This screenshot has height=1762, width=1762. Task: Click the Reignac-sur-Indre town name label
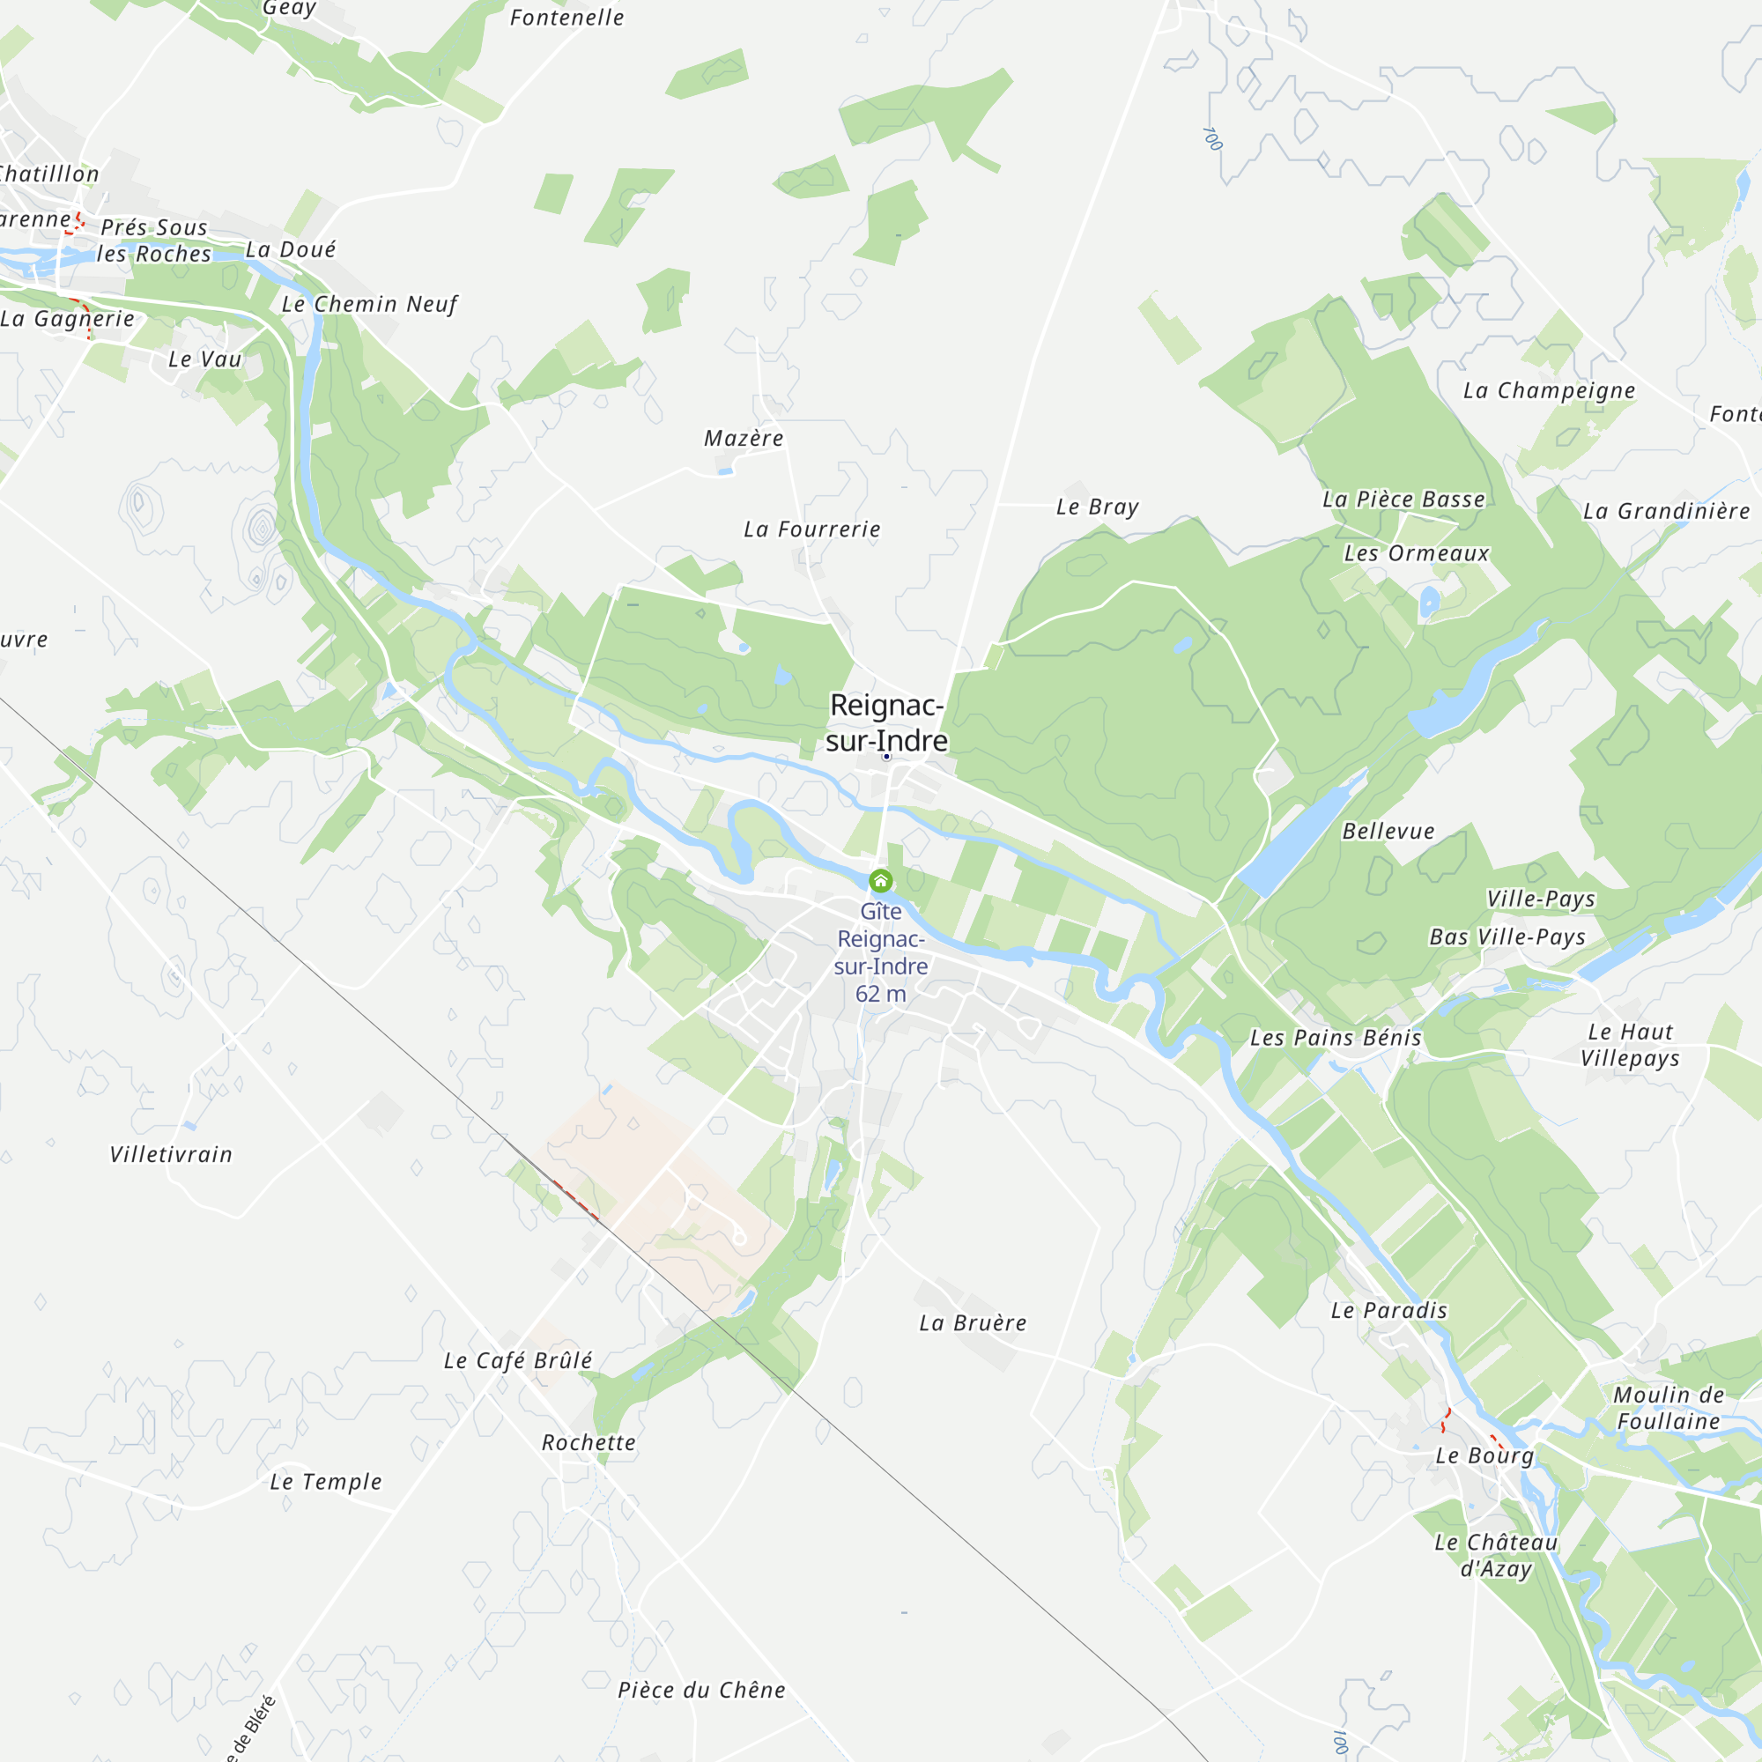886,723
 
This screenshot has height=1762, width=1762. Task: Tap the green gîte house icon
880,881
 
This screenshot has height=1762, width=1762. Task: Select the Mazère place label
744,439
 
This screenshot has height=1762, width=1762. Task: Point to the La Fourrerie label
811,529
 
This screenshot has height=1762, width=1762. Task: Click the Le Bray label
1097,507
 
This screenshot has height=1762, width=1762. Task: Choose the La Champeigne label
1549,390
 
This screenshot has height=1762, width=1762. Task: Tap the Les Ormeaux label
1417,553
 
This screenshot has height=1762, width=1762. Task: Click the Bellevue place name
1388,831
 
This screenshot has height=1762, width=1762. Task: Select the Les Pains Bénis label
1336,1038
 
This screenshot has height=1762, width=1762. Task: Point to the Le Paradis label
1389,1311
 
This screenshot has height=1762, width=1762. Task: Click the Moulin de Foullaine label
1668,1408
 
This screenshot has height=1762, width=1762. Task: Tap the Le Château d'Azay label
1496,1555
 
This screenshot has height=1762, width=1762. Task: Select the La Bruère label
973,1323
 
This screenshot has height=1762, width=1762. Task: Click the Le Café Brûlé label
517,1361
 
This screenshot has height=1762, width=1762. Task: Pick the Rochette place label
589,1443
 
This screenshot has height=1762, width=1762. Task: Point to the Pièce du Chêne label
701,1690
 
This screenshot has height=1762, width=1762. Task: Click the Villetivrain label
171,1155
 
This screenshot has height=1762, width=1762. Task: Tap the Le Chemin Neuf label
369,304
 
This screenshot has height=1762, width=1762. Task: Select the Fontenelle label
566,18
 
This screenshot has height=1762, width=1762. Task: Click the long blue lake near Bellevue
1299,835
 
